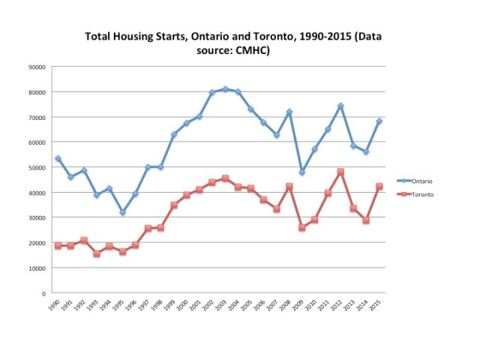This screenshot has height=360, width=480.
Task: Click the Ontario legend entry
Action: pos(421,181)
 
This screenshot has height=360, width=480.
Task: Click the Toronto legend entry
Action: pos(421,194)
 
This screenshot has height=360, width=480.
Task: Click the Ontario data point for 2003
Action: pos(225,89)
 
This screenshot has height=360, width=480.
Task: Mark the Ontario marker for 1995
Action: pos(122,212)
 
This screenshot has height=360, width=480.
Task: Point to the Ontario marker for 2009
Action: pos(302,172)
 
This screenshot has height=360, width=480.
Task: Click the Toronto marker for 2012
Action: pos(340,172)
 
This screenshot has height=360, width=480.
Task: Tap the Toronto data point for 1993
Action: pos(97,253)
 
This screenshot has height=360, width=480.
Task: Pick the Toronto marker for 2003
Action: pos(225,178)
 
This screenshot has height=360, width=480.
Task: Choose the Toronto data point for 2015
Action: pos(379,186)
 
